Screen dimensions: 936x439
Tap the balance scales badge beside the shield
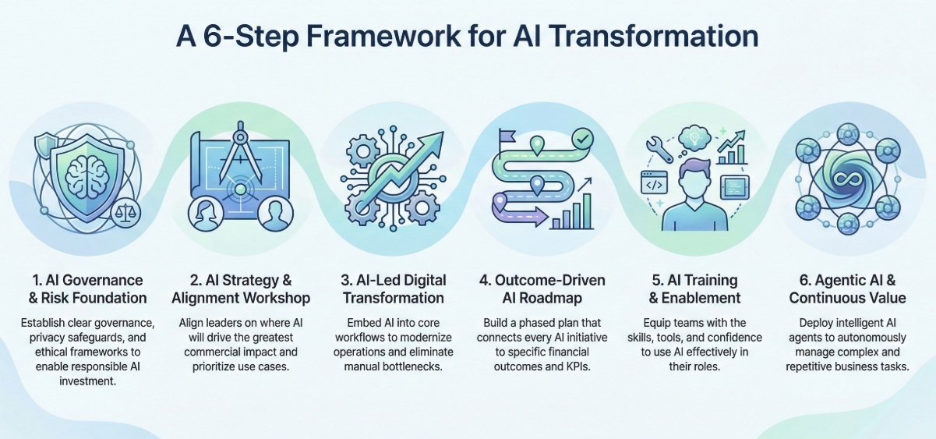tap(125, 213)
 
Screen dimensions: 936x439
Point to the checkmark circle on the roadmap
tap(582, 138)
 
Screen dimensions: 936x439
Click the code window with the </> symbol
tap(654, 182)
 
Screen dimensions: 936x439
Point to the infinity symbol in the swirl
tap(847, 179)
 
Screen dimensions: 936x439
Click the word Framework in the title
tap(383, 37)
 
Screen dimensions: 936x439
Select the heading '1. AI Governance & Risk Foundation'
tap(88, 289)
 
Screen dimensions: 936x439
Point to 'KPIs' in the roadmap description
tap(578, 366)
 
